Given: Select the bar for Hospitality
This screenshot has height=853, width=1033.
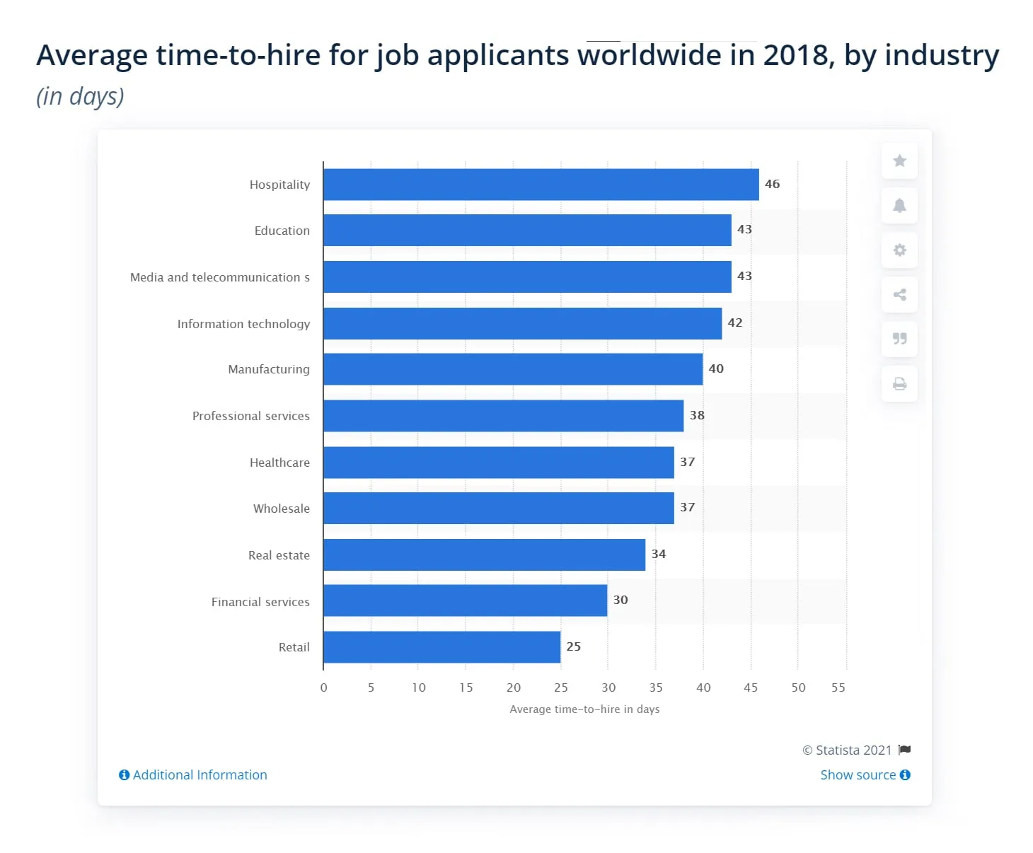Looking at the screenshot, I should point(541,185).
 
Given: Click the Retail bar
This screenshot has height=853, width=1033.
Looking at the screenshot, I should point(442,647).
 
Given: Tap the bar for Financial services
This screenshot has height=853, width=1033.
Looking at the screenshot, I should point(465,600).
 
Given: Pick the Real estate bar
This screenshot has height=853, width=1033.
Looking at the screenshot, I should point(484,555).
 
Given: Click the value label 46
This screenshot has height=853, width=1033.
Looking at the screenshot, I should point(772,184).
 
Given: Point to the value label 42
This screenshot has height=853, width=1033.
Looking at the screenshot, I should point(735,323).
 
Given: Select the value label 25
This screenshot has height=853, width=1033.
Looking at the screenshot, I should point(573,646).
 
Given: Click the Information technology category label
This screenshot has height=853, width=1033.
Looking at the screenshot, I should point(243,324).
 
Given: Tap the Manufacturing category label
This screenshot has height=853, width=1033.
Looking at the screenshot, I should point(268,369).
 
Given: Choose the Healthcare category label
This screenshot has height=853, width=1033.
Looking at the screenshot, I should point(279,463).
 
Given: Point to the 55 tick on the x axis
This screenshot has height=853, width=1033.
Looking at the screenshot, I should point(838,687).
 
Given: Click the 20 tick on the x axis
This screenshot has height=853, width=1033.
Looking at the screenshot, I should point(514,687).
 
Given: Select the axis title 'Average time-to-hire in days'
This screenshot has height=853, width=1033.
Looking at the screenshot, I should point(584,709).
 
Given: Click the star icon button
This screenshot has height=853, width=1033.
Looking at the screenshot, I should point(899,161).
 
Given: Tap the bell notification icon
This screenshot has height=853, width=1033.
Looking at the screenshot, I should point(899,206).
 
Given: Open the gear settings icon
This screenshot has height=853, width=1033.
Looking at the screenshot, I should point(899,250).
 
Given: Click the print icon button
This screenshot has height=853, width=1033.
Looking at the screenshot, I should point(899,384).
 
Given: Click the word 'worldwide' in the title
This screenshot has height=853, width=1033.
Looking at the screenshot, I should point(649,55).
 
